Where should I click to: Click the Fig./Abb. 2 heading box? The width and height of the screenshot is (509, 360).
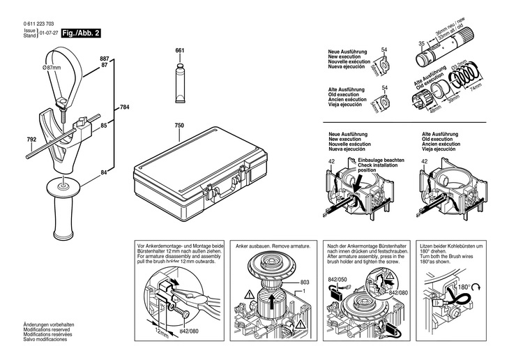pyautogui.click(x=82, y=33)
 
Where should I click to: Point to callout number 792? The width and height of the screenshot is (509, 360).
pyautogui.click(x=31, y=140)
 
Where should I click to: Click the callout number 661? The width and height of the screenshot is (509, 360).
pyautogui.click(x=179, y=51)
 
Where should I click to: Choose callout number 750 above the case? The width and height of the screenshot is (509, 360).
pyautogui.click(x=179, y=126)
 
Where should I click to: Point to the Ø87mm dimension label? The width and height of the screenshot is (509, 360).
pyautogui.click(x=52, y=66)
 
